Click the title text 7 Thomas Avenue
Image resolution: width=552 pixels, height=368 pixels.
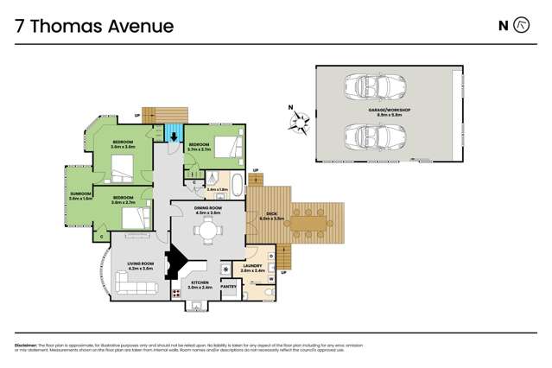[x=94, y=26]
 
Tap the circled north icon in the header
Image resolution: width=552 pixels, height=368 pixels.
[x=521, y=26]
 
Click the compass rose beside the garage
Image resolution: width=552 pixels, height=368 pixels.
[x=299, y=121]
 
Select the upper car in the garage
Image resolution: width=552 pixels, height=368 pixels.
[x=374, y=87]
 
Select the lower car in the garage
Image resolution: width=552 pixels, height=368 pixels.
[x=374, y=136]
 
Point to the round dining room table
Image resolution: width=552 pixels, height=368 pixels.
[x=206, y=231]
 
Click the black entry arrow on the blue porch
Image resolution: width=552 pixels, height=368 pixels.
[x=174, y=135]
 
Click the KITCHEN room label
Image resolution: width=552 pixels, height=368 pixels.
[x=200, y=283]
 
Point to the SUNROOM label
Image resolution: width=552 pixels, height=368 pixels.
[x=80, y=195]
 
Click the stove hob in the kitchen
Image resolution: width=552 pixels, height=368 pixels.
[x=176, y=293]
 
